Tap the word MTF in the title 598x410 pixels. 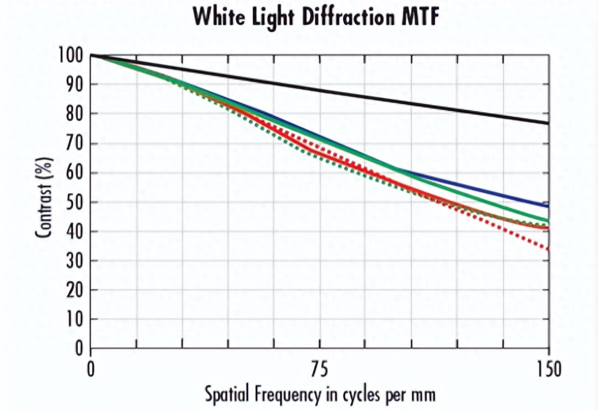click(x=418, y=18)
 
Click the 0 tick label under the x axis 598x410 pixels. click(x=91, y=370)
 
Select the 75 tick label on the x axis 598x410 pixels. click(x=319, y=370)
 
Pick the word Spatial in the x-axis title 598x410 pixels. click(x=226, y=395)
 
